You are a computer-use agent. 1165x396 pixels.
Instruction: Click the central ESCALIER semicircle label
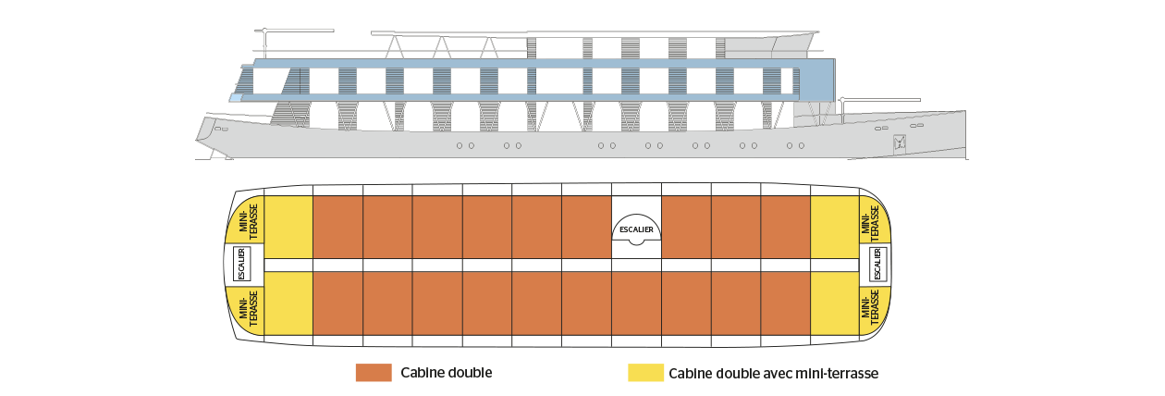(636, 229)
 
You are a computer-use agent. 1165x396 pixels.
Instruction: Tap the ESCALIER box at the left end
(241, 264)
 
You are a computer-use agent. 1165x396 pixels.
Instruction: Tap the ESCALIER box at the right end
(878, 264)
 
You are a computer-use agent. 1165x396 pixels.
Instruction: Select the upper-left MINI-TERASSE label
(248, 222)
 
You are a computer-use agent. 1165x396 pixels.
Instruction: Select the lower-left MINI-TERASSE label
(248, 309)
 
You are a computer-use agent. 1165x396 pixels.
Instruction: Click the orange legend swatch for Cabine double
(374, 373)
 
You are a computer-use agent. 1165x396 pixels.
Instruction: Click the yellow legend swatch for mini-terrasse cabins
(645, 373)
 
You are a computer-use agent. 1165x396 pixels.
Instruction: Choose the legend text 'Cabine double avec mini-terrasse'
(773, 374)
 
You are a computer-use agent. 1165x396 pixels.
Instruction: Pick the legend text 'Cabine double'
(447, 373)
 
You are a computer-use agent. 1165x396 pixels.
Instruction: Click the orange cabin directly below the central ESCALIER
(636, 303)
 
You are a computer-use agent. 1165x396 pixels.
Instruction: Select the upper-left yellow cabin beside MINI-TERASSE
(288, 227)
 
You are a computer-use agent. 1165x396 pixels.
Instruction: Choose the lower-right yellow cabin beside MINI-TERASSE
(835, 303)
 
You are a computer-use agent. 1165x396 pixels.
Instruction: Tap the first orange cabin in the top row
(338, 227)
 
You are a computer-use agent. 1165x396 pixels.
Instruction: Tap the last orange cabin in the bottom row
(785, 303)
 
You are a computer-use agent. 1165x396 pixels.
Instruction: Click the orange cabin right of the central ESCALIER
(686, 227)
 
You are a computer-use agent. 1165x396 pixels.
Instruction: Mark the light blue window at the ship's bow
(236, 97)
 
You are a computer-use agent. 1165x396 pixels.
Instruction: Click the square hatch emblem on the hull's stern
(900, 142)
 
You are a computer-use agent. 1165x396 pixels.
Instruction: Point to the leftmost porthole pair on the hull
(465, 145)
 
